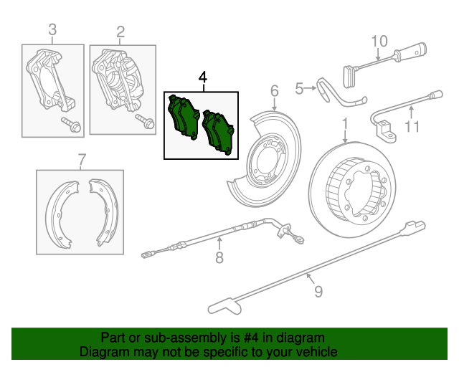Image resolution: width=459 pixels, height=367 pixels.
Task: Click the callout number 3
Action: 52,30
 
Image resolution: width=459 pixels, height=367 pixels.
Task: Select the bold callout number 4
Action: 203,77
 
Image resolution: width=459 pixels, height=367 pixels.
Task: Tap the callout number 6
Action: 274,90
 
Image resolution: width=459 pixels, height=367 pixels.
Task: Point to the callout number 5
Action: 300,88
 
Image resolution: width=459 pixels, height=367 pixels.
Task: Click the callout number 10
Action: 379,40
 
